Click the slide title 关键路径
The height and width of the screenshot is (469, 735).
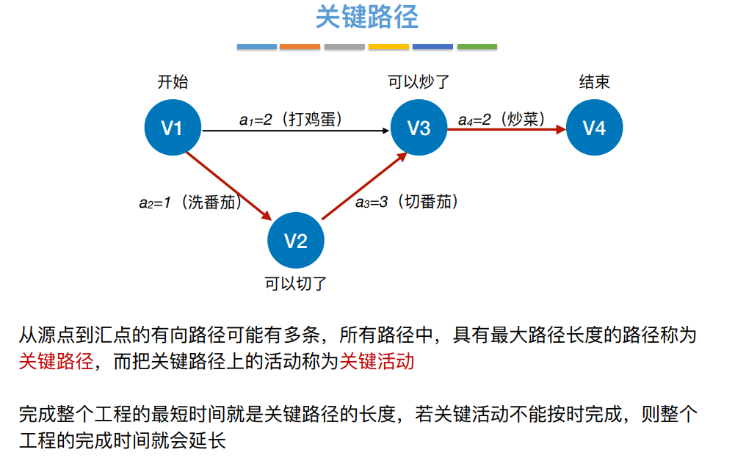click(366, 17)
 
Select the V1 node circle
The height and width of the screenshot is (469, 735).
click(171, 128)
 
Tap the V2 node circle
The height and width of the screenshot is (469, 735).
click(295, 241)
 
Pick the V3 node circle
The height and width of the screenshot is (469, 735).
click(419, 128)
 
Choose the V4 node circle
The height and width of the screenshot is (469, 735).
click(594, 128)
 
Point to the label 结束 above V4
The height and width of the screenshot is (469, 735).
click(594, 82)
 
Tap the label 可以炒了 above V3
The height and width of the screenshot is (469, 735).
click(418, 82)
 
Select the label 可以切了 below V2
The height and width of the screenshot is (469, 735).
click(295, 283)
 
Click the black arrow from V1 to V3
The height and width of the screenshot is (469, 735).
click(294, 131)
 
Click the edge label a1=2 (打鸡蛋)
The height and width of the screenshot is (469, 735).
click(292, 118)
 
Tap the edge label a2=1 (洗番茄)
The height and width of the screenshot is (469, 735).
click(190, 203)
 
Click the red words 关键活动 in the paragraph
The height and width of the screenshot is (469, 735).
click(377, 362)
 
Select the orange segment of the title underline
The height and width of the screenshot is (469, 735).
click(300, 47)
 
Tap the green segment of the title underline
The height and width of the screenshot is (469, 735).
click(477, 47)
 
